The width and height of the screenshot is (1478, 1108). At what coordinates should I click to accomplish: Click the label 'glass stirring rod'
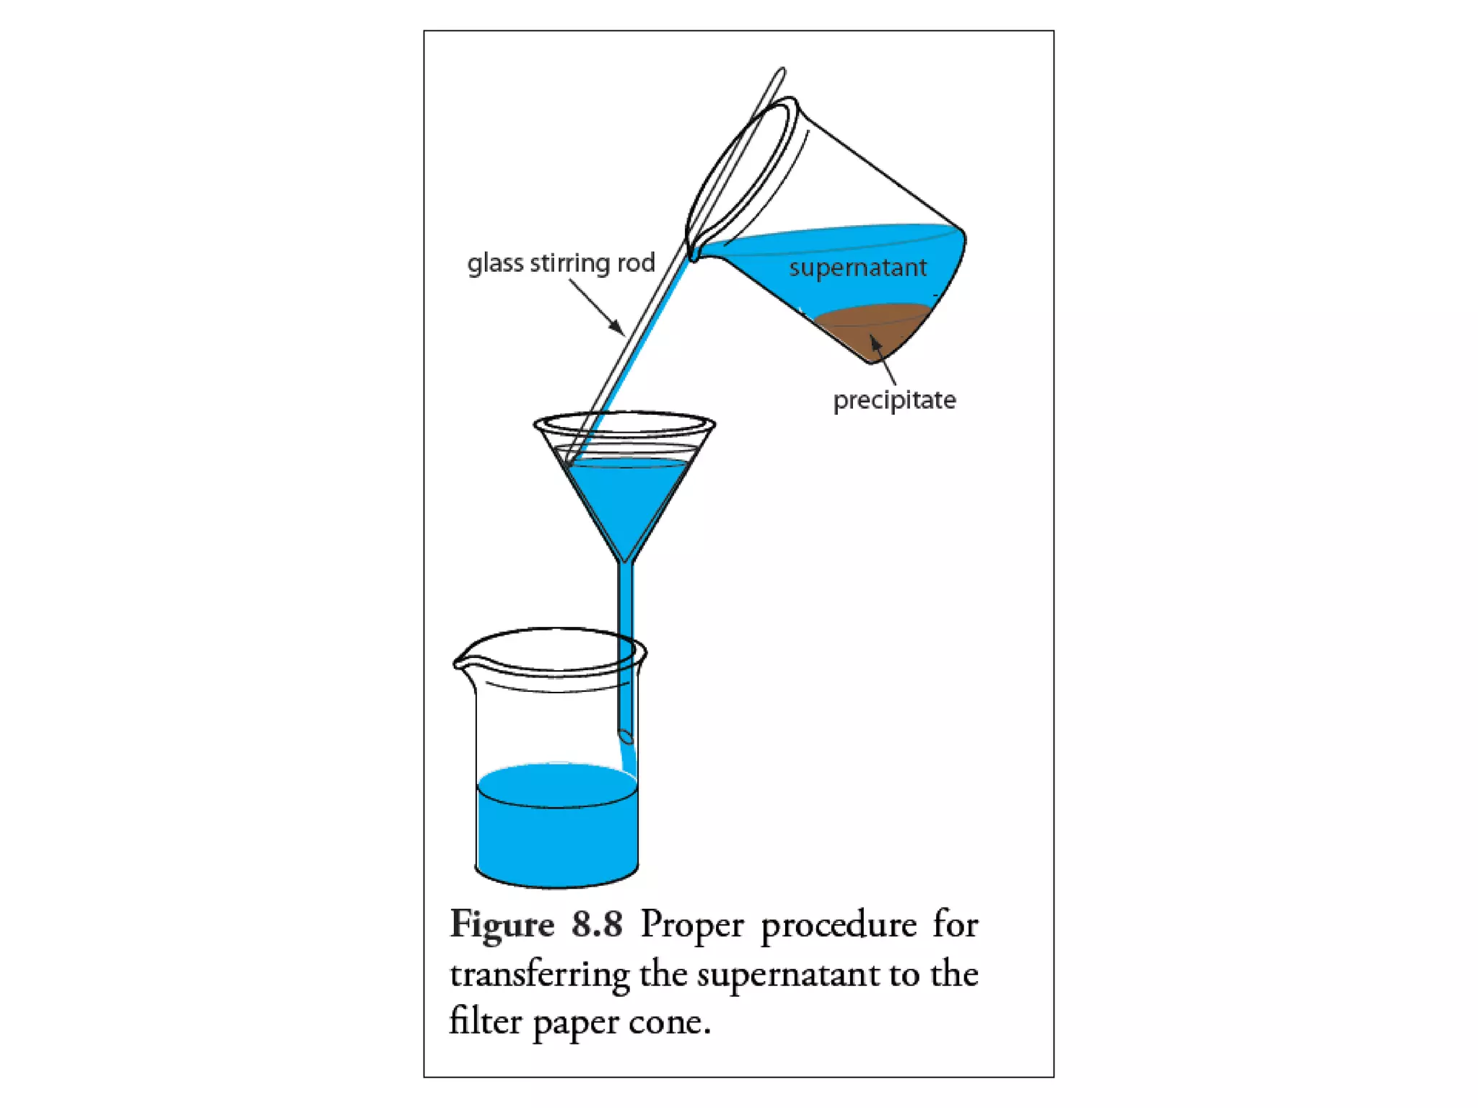pos(561,263)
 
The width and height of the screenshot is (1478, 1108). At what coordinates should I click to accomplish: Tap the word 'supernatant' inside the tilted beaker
pos(857,268)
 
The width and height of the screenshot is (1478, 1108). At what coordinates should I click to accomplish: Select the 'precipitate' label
pos(894,400)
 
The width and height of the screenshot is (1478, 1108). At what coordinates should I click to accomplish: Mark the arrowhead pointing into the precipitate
pos(875,342)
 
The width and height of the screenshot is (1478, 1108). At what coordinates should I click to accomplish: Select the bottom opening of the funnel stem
pos(626,736)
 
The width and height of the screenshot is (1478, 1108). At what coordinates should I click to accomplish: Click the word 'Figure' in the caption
pos(502,925)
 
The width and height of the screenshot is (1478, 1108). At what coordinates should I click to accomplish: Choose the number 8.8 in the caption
pos(597,925)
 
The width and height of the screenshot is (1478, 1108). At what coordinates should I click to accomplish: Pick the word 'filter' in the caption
pos(485,1021)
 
